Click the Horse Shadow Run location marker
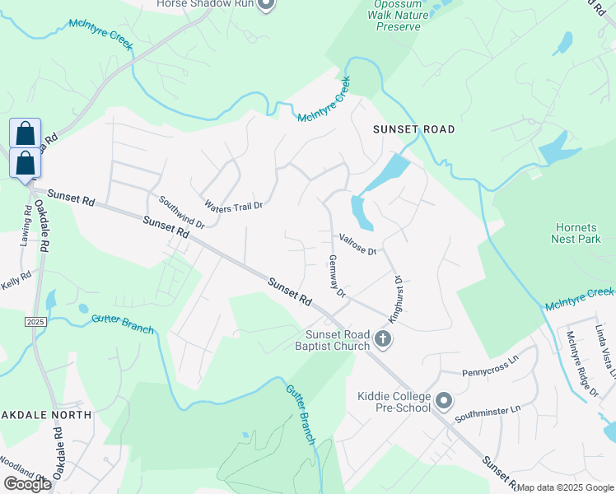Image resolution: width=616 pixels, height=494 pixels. (265, 5)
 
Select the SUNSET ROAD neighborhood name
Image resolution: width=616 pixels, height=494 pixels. (413, 130)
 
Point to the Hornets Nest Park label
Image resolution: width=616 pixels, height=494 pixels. (576, 232)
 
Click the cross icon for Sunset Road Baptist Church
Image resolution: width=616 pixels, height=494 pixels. (382, 338)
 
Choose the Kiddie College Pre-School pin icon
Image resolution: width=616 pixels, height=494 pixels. (444, 401)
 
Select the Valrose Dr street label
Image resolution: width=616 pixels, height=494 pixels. (357, 245)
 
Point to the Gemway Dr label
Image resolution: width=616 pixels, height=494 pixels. (338, 275)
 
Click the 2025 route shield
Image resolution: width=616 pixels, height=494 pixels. (35, 321)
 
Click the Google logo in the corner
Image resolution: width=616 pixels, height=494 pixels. (27, 484)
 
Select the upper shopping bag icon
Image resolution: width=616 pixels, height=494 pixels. (26, 133)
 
